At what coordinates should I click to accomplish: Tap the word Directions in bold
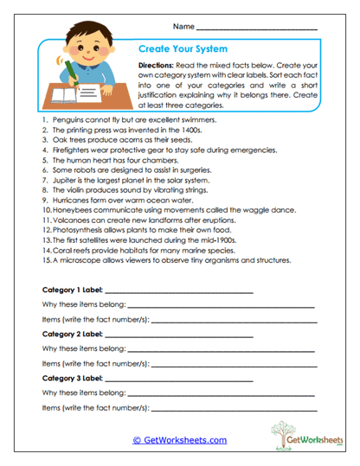[x=157, y=66]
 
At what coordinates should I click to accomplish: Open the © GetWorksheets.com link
[x=179, y=439]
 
